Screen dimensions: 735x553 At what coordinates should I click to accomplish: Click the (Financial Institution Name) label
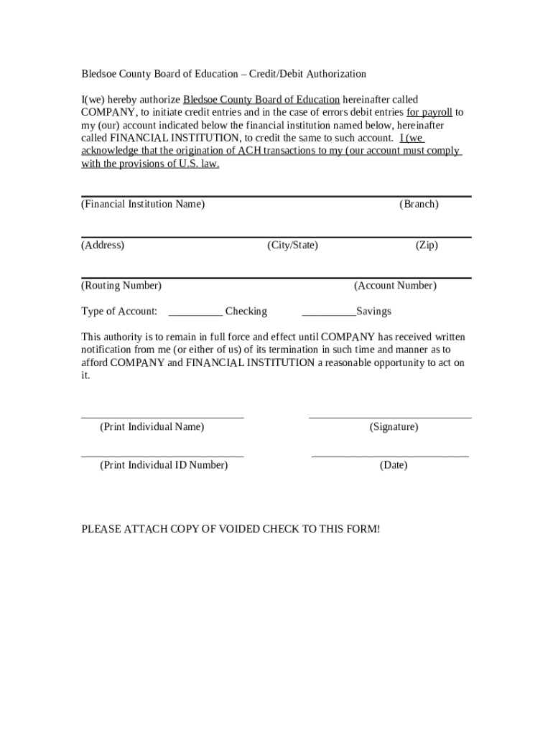click(x=143, y=205)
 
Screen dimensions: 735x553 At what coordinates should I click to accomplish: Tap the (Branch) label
click(x=419, y=205)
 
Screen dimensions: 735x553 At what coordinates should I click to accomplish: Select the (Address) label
click(x=103, y=245)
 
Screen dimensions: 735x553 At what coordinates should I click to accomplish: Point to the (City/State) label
click(x=292, y=245)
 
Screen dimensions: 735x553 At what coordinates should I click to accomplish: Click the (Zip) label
click(x=427, y=245)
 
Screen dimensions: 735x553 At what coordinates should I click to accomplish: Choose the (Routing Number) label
click(x=121, y=286)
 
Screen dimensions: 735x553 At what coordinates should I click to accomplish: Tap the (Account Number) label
click(x=395, y=286)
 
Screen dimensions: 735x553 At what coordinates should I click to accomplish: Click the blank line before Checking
click(x=195, y=314)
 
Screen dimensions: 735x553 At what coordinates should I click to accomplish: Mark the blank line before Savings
click(x=329, y=314)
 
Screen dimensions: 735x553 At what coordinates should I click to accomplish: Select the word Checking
click(x=246, y=312)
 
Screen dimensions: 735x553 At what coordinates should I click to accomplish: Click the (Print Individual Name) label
click(x=152, y=427)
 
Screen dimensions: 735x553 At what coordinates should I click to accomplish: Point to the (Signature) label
click(x=394, y=427)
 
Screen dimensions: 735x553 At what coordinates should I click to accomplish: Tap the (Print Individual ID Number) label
click(x=164, y=465)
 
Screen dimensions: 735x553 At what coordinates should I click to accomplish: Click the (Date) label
click(x=394, y=465)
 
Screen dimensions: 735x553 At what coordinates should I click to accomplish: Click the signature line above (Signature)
click(x=390, y=416)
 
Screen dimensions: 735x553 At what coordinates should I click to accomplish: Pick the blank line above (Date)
click(x=390, y=455)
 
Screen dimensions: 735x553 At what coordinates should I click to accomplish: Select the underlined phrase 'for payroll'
click(x=429, y=113)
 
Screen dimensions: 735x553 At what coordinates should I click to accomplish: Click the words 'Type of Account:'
click(x=119, y=312)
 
